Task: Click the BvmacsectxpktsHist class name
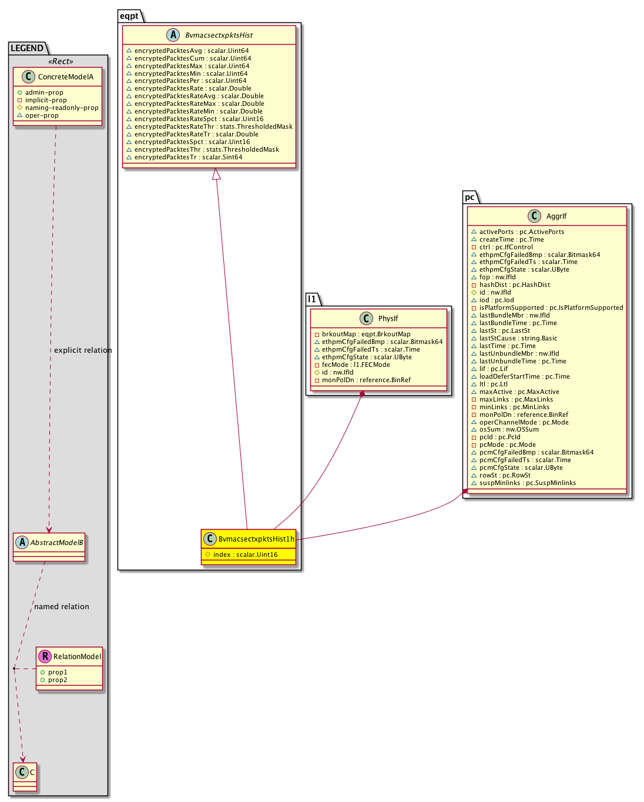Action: click(219, 35)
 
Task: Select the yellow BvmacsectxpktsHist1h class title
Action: click(256, 539)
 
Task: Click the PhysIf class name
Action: click(388, 319)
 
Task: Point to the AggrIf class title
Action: click(556, 216)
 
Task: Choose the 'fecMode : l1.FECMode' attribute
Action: click(355, 365)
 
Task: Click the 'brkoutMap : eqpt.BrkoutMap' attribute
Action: click(366, 334)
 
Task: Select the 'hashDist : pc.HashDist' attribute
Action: click(514, 285)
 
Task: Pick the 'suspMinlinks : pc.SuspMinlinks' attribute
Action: click(527, 483)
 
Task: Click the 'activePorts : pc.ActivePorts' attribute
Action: click(521, 232)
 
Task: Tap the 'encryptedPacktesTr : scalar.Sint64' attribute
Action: click(188, 157)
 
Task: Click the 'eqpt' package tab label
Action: click(129, 16)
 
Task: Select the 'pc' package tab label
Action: click(469, 197)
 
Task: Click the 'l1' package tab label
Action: click(312, 299)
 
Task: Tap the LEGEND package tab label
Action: click(27, 48)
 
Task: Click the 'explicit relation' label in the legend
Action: click(83, 350)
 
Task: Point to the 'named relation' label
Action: click(62, 606)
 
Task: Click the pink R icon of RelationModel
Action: click(45, 656)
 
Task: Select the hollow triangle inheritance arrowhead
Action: click(217, 174)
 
